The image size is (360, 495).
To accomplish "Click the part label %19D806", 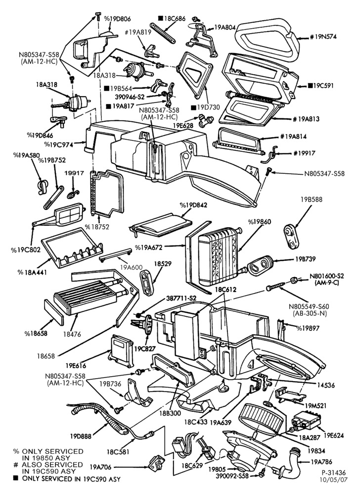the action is (118, 19).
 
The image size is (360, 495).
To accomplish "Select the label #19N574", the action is (323, 37).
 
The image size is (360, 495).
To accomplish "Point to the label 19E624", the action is (333, 436).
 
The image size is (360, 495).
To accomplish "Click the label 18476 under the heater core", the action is (72, 334).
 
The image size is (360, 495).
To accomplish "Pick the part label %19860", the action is (259, 222).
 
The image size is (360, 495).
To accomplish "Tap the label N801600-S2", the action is (327, 276).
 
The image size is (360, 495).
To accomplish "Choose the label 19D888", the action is (81, 436).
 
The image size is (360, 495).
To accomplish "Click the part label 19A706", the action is (100, 467).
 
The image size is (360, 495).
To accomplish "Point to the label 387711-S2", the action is (181, 298).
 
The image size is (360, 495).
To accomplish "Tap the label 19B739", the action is (306, 259).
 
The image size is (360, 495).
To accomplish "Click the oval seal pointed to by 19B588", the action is (292, 236).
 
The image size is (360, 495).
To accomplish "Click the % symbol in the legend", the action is (16, 451).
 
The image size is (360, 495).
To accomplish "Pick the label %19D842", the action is (193, 205).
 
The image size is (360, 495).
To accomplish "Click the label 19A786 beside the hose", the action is (321, 462).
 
